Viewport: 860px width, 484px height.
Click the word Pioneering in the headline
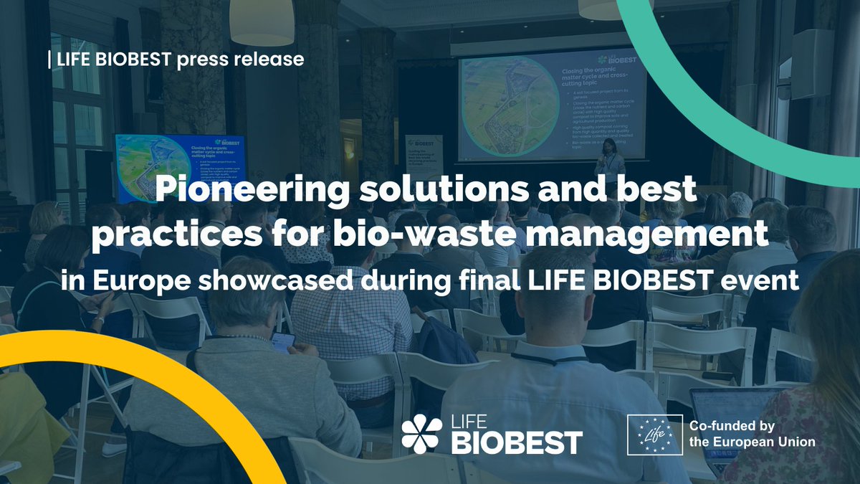coord(231,191)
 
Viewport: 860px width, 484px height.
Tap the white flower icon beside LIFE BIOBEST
coord(421,435)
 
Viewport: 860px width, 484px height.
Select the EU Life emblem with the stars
coord(654,435)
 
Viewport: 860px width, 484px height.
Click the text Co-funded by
coord(734,426)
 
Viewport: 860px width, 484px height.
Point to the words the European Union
coord(752,442)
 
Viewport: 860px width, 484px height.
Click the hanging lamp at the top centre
coord(262,22)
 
